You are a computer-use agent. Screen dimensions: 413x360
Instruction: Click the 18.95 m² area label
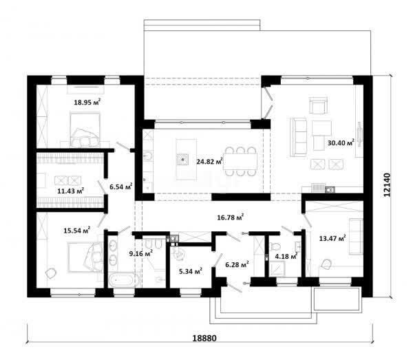click(x=87, y=102)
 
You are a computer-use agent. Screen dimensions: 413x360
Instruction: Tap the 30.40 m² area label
click(x=341, y=142)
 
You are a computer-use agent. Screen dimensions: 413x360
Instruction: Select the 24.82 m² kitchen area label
click(x=210, y=161)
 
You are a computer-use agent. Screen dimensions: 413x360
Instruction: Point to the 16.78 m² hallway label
click(x=230, y=217)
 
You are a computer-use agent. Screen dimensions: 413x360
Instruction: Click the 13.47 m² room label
click(x=332, y=238)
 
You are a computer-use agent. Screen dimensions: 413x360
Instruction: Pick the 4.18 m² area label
click(x=286, y=255)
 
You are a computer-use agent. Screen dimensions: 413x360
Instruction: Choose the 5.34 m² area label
click(x=191, y=271)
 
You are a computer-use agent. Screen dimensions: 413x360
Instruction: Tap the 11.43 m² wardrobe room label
click(x=71, y=191)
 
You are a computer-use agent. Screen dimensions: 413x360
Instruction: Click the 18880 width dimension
click(x=204, y=338)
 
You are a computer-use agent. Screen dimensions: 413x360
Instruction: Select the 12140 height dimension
click(x=387, y=185)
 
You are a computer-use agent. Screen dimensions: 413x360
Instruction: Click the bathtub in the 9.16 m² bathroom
click(x=123, y=280)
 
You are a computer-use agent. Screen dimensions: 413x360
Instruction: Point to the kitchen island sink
click(x=182, y=159)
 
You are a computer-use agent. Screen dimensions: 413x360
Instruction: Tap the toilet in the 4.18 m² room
click(x=275, y=246)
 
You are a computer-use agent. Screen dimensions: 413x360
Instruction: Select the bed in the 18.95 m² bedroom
click(x=85, y=129)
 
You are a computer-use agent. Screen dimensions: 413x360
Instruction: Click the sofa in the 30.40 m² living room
click(x=299, y=137)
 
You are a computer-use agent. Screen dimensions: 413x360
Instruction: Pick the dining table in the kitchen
click(x=240, y=161)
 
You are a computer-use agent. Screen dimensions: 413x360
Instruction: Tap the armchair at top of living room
click(x=318, y=105)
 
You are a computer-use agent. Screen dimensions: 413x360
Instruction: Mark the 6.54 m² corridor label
click(x=121, y=187)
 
